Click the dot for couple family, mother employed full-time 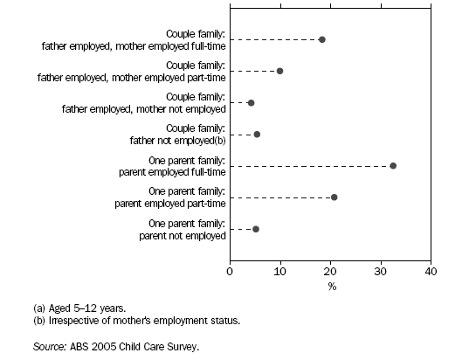pyautogui.click(x=322, y=39)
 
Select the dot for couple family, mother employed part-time pyautogui.click(x=279, y=71)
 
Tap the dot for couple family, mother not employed pyautogui.click(x=252, y=102)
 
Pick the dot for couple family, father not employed pyautogui.click(x=257, y=134)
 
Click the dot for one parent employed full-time pyautogui.click(x=393, y=165)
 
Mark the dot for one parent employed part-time pyautogui.click(x=335, y=197)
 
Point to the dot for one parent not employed pyautogui.click(x=256, y=229)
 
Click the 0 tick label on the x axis pyautogui.click(x=230, y=273)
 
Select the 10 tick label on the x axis pyautogui.click(x=279, y=273)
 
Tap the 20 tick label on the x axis pyautogui.click(x=330, y=273)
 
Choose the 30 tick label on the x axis pyautogui.click(x=380, y=273)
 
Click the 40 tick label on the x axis pyautogui.click(x=430, y=273)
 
